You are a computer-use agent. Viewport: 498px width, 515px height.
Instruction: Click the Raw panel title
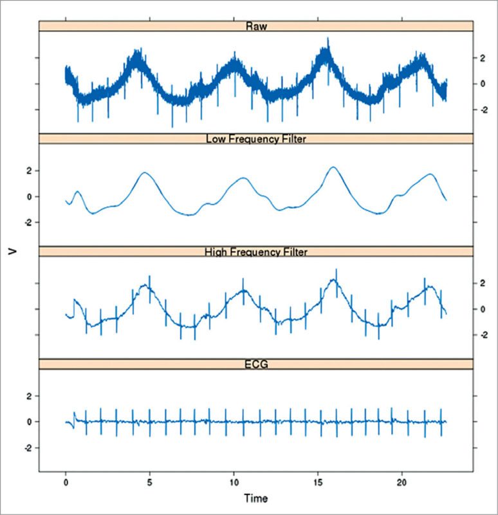pos(256,26)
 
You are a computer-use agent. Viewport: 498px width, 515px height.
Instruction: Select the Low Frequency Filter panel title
pos(256,138)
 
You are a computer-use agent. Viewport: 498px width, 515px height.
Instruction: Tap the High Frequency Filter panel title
pos(256,251)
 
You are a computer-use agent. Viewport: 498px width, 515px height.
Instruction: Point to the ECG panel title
pos(256,364)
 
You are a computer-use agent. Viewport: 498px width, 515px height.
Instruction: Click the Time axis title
pos(256,498)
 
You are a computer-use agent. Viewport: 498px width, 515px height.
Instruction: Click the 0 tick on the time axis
pos(66,482)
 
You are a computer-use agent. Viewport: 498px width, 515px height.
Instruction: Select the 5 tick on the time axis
pos(149,482)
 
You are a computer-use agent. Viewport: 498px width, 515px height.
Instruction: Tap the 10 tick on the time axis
pos(234,482)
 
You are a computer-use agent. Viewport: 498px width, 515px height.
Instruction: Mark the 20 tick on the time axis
pos(401,482)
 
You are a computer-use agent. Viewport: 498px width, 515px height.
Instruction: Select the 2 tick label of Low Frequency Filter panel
pos(28,171)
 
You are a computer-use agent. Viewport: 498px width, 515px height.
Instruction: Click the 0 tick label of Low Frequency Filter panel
pos(28,196)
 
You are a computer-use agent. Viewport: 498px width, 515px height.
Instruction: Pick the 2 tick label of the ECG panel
pos(28,396)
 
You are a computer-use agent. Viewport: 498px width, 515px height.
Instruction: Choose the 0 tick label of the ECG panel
pos(28,422)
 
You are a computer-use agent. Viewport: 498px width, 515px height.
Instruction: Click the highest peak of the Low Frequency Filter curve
pos(333,167)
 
